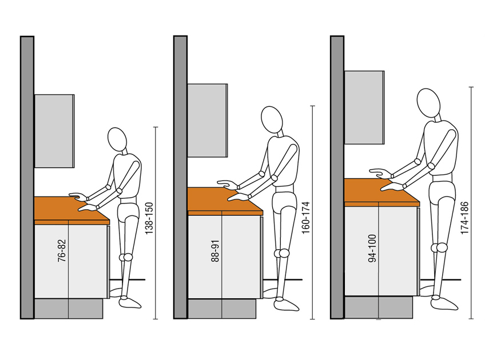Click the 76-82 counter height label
point(62,251)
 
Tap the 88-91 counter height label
point(215,251)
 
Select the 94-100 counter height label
point(372,249)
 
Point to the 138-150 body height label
point(149,218)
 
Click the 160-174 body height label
point(305,218)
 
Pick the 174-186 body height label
point(464,218)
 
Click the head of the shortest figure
point(117,139)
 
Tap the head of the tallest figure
point(428,103)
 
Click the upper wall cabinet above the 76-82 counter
point(54,131)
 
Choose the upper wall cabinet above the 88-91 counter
point(208,120)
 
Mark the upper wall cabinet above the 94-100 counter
point(365,107)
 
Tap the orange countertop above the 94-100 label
point(381,193)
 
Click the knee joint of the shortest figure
point(126,257)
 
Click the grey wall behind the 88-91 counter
point(180,177)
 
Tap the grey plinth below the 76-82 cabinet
point(69,309)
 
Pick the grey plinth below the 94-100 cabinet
point(379,307)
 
